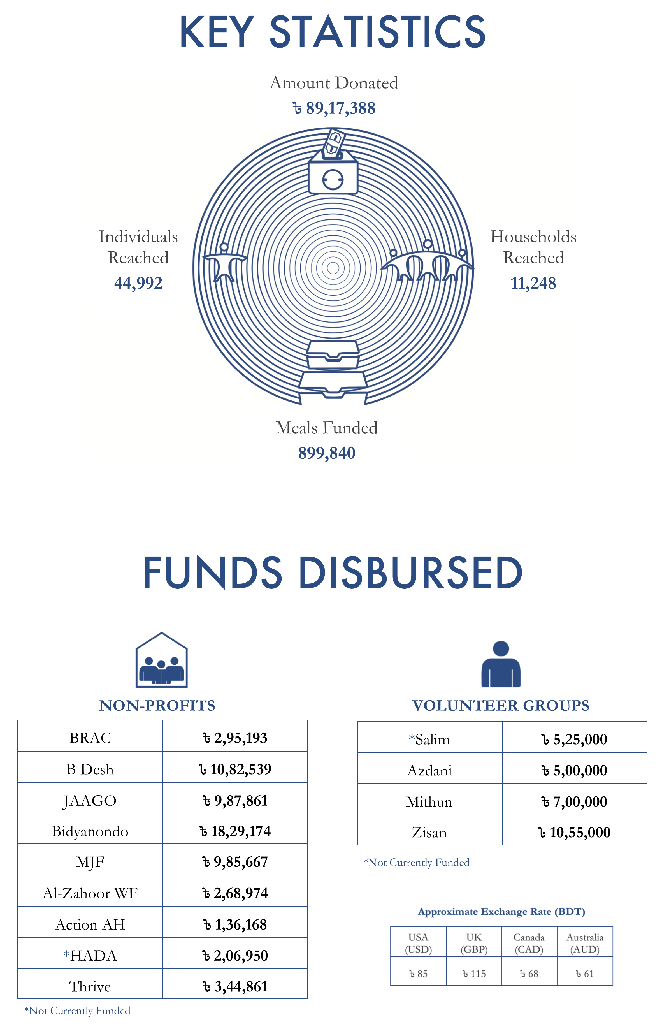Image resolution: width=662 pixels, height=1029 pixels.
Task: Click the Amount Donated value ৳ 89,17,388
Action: click(334, 108)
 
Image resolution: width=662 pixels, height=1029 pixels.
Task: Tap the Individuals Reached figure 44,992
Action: click(138, 283)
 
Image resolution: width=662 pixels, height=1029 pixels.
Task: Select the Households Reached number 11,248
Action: click(533, 283)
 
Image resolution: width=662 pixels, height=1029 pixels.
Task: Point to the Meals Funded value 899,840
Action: click(327, 453)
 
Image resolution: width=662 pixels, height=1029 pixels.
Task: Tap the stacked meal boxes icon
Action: click(333, 370)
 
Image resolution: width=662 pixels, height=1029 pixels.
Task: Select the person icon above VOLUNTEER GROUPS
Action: click(501, 664)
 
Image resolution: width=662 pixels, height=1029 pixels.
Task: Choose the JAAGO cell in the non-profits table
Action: click(90, 801)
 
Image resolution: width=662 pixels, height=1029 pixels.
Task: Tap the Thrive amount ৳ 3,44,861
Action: click(235, 986)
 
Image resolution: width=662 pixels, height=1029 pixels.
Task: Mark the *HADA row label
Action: click(90, 956)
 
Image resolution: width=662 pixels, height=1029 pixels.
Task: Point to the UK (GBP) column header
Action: click(474, 944)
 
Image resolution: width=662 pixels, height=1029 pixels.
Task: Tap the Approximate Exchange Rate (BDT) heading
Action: click(501, 912)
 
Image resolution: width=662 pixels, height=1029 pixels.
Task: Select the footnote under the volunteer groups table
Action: click(416, 862)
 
